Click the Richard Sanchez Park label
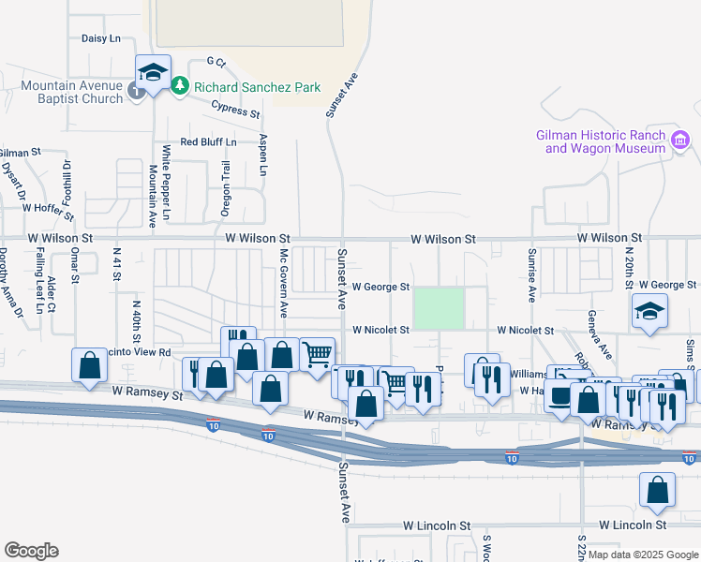257,87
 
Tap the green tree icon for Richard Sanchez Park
180,87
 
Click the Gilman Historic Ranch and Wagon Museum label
601,141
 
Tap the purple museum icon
680,141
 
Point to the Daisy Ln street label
101,38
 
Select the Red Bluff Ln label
208,142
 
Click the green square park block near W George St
439,308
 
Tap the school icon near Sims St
649,311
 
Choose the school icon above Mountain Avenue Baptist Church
152,71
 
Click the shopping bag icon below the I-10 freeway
657,489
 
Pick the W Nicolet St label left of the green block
381,330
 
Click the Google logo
31,551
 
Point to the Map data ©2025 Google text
643,555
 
